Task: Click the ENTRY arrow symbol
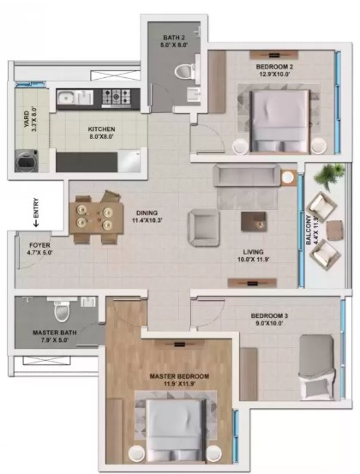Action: click(x=36, y=224)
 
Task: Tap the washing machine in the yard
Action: click(x=27, y=161)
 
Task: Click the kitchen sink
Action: click(x=75, y=98)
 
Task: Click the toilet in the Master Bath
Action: click(x=62, y=312)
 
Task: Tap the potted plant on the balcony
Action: click(x=329, y=175)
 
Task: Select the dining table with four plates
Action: click(x=96, y=218)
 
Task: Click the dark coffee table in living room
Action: click(x=254, y=222)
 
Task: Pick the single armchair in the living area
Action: click(x=203, y=227)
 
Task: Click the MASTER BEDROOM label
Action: click(x=179, y=376)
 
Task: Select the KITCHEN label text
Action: click(x=101, y=129)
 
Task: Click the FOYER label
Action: click(x=39, y=245)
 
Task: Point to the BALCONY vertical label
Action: click(x=309, y=230)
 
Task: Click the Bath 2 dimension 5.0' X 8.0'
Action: click(x=174, y=45)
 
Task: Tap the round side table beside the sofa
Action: click(x=288, y=177)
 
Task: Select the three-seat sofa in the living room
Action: click(x=247, y=176)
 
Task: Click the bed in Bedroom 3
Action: click(x=317, y=367)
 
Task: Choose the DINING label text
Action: click(x=147, y=213)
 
